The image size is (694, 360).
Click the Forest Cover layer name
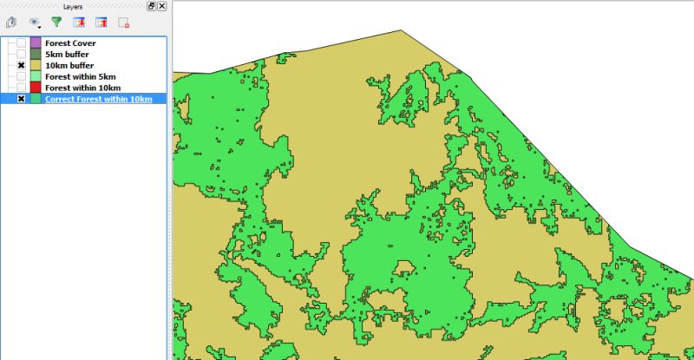[70, 43]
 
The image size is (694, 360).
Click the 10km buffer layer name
[70, 65]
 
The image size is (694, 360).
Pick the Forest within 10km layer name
[83, 88]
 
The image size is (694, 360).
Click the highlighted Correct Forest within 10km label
[98, 99]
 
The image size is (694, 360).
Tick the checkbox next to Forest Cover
[21, 43]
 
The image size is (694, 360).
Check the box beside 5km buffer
[21, 54]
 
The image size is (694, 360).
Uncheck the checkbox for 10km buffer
[21, 65]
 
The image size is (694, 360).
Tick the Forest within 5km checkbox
[21, 76]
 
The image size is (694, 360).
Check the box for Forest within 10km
[21, 88]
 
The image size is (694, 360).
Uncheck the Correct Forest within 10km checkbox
[21, 99]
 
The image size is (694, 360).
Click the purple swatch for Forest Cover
[36, 43]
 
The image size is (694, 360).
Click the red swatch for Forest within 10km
[36, 88]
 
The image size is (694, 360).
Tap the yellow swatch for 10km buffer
[36, 65]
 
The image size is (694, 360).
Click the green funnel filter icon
[56, 23]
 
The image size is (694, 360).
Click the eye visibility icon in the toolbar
[34, 23]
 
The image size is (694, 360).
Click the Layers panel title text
[73, 6]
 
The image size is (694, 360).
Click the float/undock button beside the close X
[152, 6]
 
